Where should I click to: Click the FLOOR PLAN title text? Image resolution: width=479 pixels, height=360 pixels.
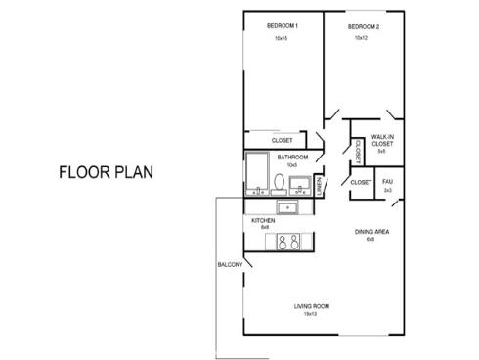(106, 173)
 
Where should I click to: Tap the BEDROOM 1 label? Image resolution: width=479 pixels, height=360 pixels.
(282, 25)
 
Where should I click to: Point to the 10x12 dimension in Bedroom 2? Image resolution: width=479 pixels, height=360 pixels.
(362, 38)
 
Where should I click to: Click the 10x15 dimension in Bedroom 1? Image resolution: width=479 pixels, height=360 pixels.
(282, 38)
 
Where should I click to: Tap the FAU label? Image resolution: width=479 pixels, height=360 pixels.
(387, 181)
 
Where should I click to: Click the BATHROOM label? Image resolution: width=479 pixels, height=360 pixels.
(292, 157)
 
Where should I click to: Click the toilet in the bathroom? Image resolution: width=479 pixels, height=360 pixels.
(280, 182)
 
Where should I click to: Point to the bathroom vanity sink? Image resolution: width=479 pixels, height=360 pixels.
(300, 183)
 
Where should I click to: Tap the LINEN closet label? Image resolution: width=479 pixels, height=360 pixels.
(321, 184)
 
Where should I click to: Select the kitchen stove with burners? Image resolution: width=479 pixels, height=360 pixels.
(290, 244)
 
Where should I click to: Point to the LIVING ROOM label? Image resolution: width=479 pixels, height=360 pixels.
(312, 306)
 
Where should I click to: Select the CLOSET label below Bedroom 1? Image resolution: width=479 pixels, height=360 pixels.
(282, 140)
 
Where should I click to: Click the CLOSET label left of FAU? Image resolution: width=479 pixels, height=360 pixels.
(360, 182)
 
